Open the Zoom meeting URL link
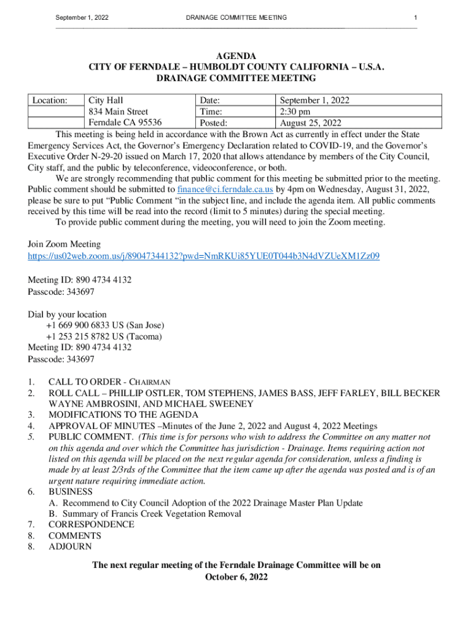click(x=203, y=256)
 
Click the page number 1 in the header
click(x=416, y=17)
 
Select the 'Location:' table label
click(x=50, y=100)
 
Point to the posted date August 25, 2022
click(x=311, y=122)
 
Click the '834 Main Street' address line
click(x=119, y=111)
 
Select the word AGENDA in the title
click(x=236, y=57)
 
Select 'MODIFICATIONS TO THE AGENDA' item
click(x=123, y=415)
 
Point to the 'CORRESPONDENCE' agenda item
click(x=91, y=524)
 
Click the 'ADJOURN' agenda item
click(x=70, y=546)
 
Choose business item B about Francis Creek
click(x=145, y=514)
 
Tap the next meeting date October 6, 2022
click(x=236, y=577)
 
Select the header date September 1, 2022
click(x=82, y=17)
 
